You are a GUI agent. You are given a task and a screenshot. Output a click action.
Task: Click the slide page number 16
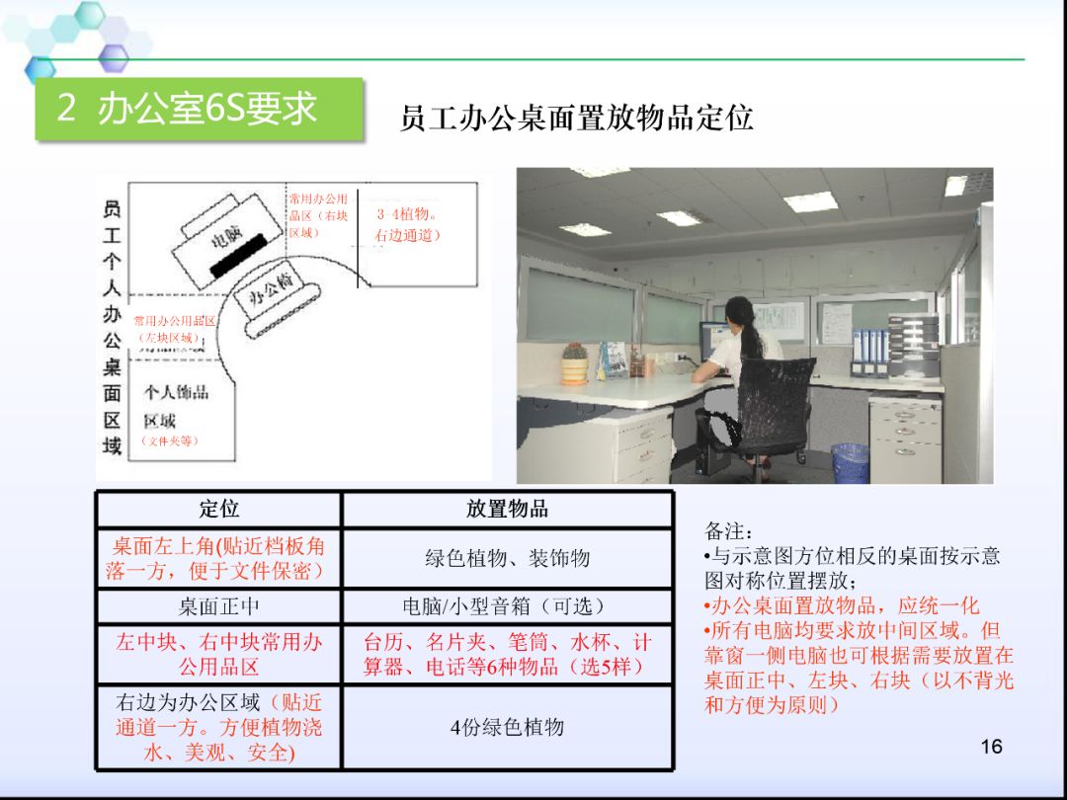tap(992, 746)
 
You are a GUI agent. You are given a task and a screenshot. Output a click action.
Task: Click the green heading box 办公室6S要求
tap(199, 109)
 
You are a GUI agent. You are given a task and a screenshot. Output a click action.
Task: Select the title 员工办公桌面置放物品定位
tap(576, 119)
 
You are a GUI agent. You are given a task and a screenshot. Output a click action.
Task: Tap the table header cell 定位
tap(218, 509)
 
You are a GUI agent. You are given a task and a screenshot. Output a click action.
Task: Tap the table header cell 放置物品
tap(507, 509)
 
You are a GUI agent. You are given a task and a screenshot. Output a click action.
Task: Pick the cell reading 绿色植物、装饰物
tap(507, 558)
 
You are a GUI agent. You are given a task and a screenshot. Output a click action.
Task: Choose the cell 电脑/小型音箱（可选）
tap(507, 605)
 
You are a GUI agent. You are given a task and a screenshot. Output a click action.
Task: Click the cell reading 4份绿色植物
tap(507, 727)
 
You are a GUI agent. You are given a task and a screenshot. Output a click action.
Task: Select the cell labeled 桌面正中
tap(218, 605)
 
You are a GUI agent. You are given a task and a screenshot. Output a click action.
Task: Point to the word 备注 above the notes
tap(728, 531)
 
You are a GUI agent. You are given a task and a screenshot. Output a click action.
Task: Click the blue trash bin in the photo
tap(850, 462)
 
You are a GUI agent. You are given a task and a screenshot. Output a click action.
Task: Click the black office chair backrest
tap(777, 395)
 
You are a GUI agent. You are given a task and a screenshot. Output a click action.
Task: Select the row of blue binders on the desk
tap(868, 351)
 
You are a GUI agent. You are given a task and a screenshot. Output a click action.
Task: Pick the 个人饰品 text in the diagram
tap(176, 392)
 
